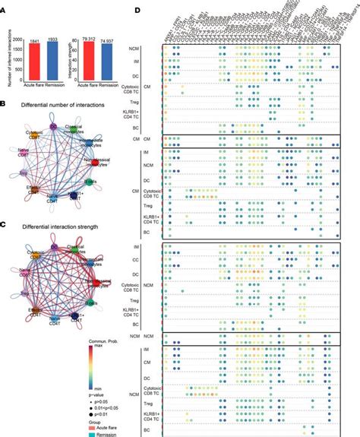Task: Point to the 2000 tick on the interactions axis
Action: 22,40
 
